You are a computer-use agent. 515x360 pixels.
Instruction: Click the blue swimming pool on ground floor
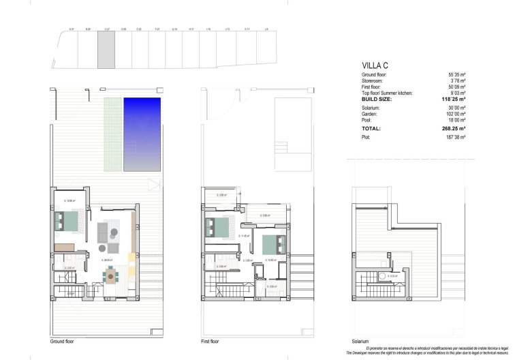pyautogui.click(x=142, y=134)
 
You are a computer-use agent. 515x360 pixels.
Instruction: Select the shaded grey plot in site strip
pyautogui.click(x=106, y=52)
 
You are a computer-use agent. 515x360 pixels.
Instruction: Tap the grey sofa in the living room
pyautogui.click(x=104, y=230)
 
